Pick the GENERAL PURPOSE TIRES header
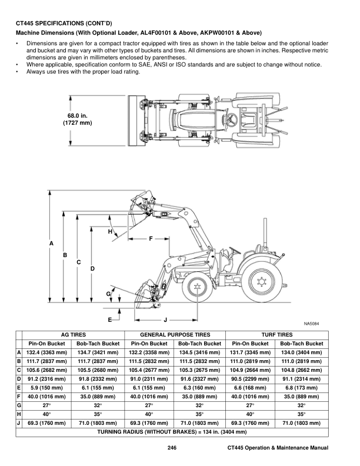175,334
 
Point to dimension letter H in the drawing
110,232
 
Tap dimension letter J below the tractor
165,319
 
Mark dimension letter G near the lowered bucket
108,293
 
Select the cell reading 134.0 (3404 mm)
302,352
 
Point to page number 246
172,449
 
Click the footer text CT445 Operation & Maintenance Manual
278,449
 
